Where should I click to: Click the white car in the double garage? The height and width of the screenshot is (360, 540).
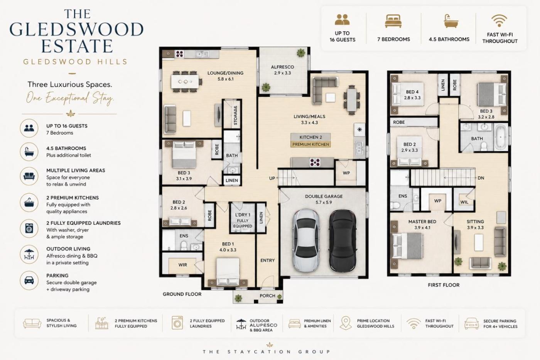(x=306, y=241)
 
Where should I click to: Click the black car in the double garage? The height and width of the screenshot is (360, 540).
(x=343, y=241)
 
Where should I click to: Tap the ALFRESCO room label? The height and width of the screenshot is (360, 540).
(x=282, y=67)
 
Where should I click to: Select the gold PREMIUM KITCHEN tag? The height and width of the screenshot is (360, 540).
(x=310, y=144)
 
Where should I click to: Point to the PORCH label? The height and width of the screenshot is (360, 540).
(x=267, y=296)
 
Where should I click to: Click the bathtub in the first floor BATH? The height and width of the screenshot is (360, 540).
(x=501, y=137)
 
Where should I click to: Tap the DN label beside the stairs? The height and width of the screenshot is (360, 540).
(x=481, y=178)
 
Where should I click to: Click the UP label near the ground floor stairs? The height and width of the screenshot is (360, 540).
(x=272, y=178)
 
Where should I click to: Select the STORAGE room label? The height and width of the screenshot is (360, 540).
(x=236, y=115)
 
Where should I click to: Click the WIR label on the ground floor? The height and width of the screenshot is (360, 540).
(x=182, y=265)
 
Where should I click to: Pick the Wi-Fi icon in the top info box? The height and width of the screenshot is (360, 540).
(x=499, y=21)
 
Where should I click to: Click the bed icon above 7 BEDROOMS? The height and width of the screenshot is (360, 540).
(x=393, y=21)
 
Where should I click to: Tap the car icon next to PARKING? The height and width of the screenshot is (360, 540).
(x=29, y=280)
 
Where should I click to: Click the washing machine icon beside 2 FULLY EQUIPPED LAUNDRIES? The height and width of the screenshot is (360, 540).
(x=29, y=228)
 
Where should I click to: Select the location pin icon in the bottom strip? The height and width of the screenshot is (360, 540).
(x=346, y=323)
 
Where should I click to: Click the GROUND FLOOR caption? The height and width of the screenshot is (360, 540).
(x=182, y=294)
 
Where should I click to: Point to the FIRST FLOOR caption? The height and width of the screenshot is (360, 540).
(x=444, y=285)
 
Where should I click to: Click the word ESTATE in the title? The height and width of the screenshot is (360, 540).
(x=77, y=46)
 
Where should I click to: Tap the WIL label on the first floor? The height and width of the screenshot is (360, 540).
(x=464, y=202)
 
